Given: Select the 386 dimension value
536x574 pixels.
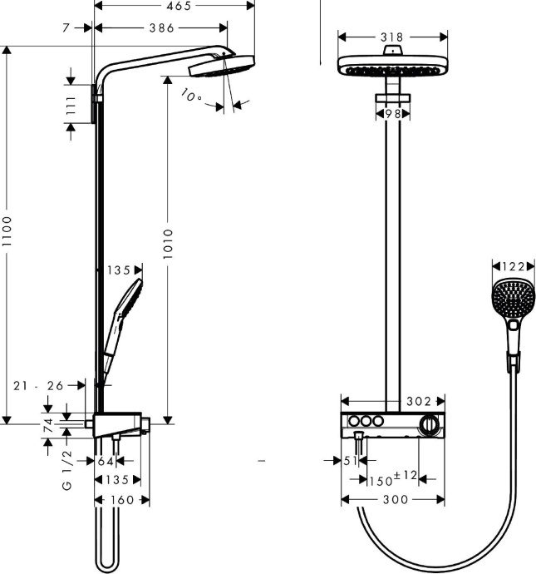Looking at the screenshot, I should (x=160, y=28).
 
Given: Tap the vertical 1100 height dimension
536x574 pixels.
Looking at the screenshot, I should (x=8, y=235).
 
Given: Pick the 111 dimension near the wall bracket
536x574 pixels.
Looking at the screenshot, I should (x=71, y=105).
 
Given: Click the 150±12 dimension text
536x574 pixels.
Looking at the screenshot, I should (x=392, y=478).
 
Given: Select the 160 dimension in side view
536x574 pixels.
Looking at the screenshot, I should (x=120, y=500).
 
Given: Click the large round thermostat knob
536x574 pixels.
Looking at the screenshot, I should (x=428, y=424).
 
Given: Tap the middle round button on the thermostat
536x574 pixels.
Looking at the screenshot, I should (x=364, y=423).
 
